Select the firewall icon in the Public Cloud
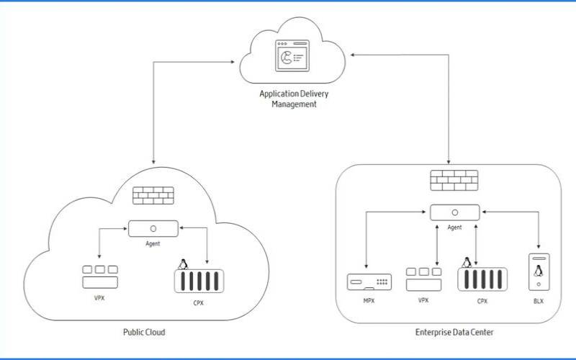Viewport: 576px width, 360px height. tap(153, 195)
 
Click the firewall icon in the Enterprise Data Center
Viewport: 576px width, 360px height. tap(454, 181)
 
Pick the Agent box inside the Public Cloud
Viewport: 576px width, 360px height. tap(153, 228)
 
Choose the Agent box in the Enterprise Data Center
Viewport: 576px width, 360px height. tap(455, 213)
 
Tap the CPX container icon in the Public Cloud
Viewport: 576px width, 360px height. tap(196, 280)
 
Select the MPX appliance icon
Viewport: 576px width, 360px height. tap(368, 282)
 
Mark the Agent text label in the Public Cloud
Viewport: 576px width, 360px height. tap(153, 243)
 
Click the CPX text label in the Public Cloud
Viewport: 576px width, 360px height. tap(197, 303)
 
